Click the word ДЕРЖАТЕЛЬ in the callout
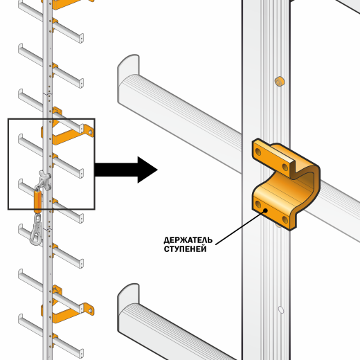click(188, 240)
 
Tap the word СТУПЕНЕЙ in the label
click(185, 249)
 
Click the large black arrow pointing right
click(126, 170)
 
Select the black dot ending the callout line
click(266, 210)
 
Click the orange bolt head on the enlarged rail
click(280, 81)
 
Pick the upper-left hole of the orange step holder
click(258, 152)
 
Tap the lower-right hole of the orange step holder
click(285, 219)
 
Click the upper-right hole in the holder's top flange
click(285, 167)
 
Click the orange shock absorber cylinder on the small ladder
click(37, 199)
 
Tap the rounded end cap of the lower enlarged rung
click(128, 298)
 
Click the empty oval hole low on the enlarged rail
click(281, 309)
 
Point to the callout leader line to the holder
click(240, 227)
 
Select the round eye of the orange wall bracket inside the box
click(90, 132)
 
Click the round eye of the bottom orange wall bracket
click(90, 311)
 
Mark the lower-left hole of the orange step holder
click(258, 204)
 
